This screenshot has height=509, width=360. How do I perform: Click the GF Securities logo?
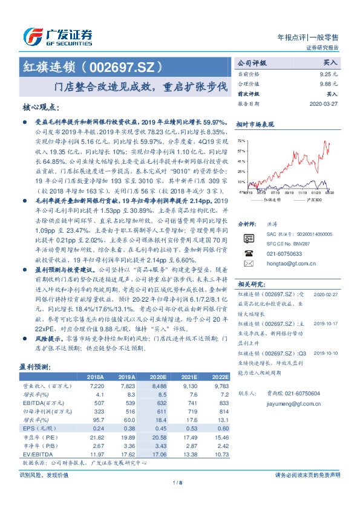(57, 36)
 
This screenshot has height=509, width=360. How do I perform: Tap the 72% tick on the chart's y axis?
(241, 140)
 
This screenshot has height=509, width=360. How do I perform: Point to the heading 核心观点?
(41, 108)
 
